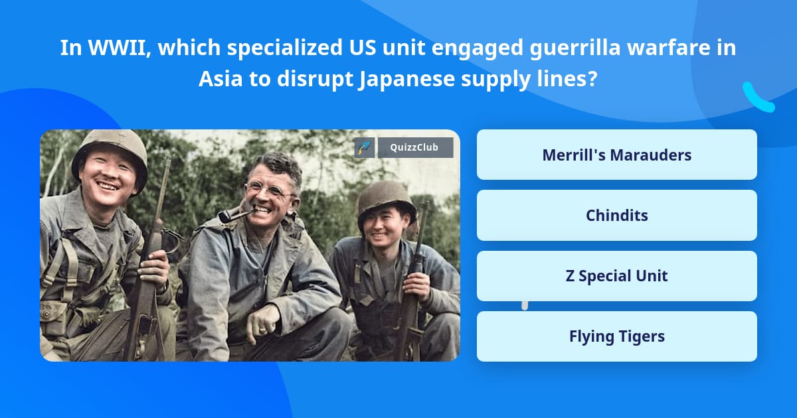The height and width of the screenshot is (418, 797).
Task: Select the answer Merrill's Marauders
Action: tap(616, 155)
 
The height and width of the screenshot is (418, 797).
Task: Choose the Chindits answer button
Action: tap(616, 216)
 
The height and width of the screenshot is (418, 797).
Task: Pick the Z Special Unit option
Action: tap(616, 276)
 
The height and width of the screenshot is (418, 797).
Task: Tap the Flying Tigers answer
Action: tap(616, 336)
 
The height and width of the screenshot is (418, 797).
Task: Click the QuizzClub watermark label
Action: tap(415, 147)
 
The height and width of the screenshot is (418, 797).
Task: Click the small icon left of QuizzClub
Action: tap(364, 147)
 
